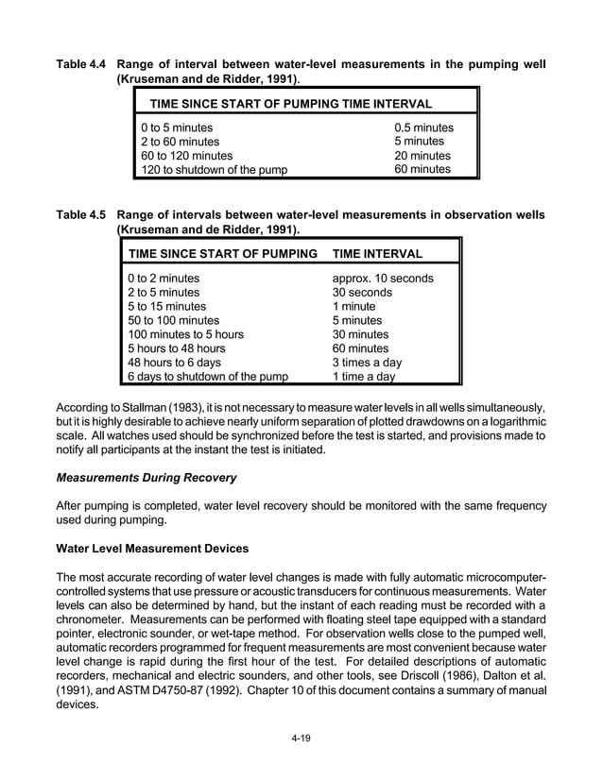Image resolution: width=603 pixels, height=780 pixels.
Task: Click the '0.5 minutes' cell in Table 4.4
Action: coord(423,127)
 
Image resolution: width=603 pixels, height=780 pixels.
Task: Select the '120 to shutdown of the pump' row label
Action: coord(214,170)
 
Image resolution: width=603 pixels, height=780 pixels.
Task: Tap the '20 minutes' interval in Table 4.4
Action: coord(422,156)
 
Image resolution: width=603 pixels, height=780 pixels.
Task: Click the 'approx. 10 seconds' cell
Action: coord(383,279)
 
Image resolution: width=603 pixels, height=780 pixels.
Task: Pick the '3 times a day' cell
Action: coord(367,363)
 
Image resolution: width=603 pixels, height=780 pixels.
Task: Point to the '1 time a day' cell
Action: coord(364,377)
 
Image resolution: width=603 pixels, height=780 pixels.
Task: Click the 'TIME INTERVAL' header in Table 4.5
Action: coord(377,254)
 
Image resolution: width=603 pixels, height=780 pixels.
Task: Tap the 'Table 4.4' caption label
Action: coord(82,64)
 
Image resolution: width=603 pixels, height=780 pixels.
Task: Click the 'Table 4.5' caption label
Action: coord(82,214)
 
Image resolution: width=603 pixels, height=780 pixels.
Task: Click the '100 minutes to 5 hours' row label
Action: coord(185,334)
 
